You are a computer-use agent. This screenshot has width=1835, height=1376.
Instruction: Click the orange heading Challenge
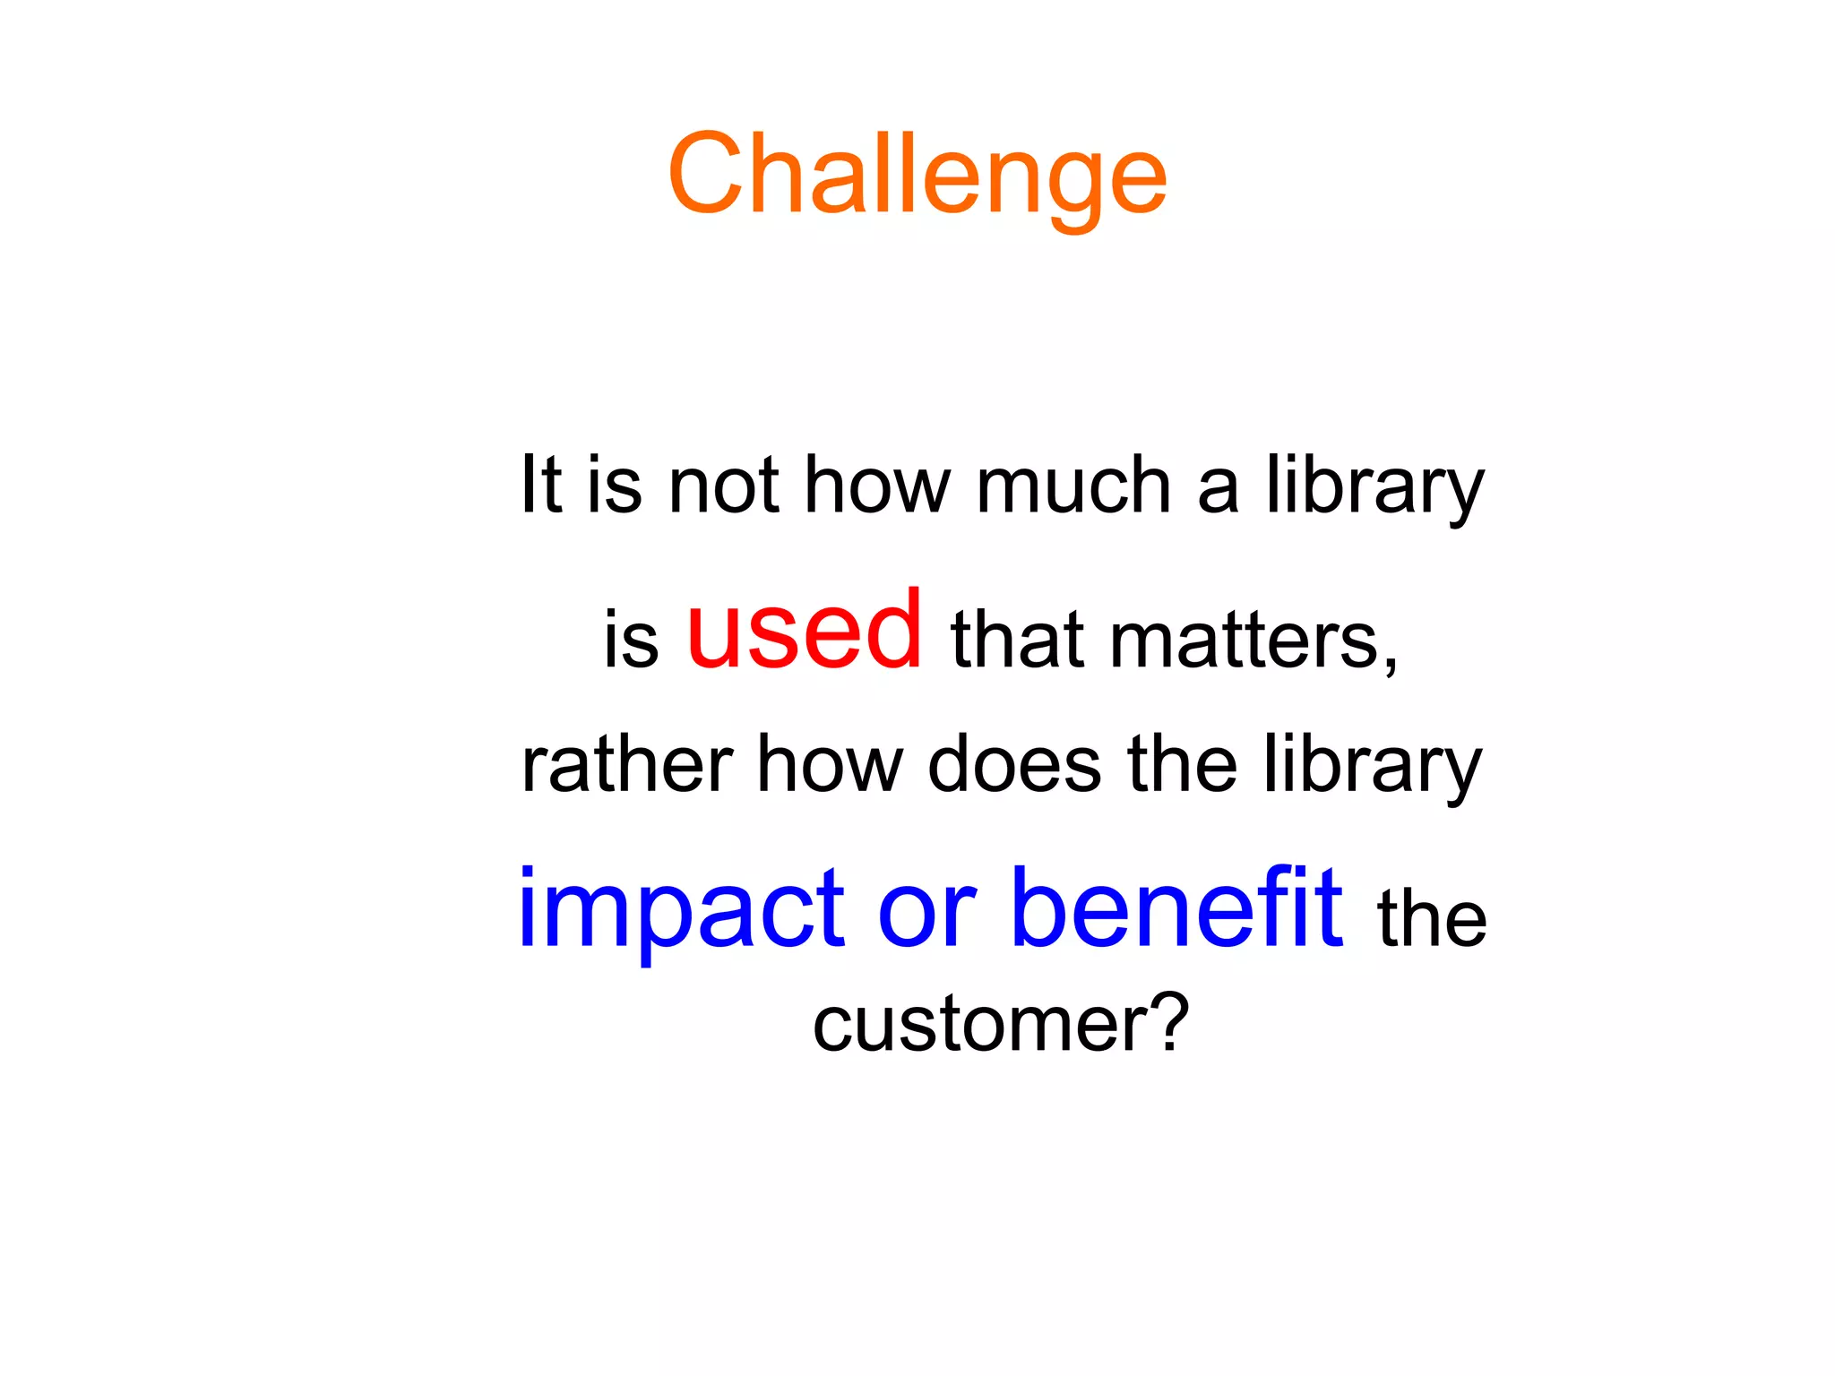coord(917,175)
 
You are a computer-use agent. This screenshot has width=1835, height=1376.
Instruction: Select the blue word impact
coord(681,909)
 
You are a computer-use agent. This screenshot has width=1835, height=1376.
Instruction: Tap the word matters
coord(1243,640)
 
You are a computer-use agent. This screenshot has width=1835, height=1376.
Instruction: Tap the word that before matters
coord(1018,640)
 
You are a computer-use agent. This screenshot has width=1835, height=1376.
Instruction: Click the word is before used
coord(631,640)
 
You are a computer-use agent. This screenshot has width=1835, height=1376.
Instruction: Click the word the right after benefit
coord(1432,917)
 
